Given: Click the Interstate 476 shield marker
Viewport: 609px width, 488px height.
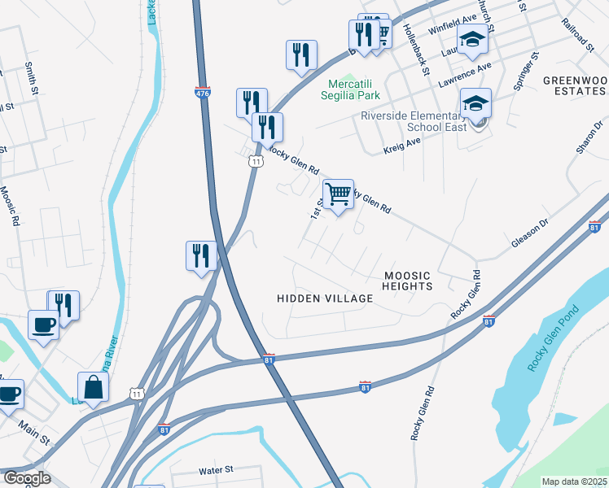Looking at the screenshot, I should [x=203, y=94].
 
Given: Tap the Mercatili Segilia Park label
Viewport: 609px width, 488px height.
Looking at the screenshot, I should [x=354, y=90].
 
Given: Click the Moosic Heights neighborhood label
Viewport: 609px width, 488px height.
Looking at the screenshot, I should [x=407, y=281].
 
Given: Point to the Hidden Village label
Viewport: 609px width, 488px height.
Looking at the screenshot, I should [x=325, y=298].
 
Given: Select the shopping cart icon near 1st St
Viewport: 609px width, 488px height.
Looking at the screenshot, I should [x=337, y=194].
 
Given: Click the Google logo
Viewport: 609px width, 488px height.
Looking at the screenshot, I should [x=26, y=478].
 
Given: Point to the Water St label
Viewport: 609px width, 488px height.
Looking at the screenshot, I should [x=216, y=470].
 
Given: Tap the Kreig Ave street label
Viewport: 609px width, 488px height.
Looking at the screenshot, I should [x=401, y=146].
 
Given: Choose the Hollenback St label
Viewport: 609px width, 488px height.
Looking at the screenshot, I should [x=414, y=50].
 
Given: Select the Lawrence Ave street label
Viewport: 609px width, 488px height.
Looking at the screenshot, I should [x=465, y=76].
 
